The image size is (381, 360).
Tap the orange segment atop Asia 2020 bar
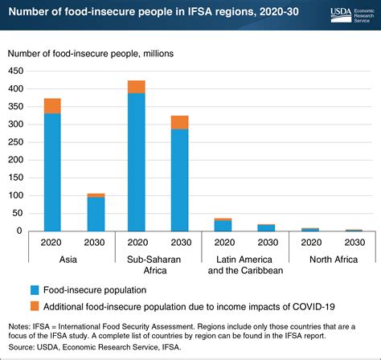click(x=52, y=105)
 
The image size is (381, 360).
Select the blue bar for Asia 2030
click(x=96, y=214)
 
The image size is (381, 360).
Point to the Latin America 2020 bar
click(x=223, y=226)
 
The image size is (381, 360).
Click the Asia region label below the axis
click(x=74, y=260)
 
